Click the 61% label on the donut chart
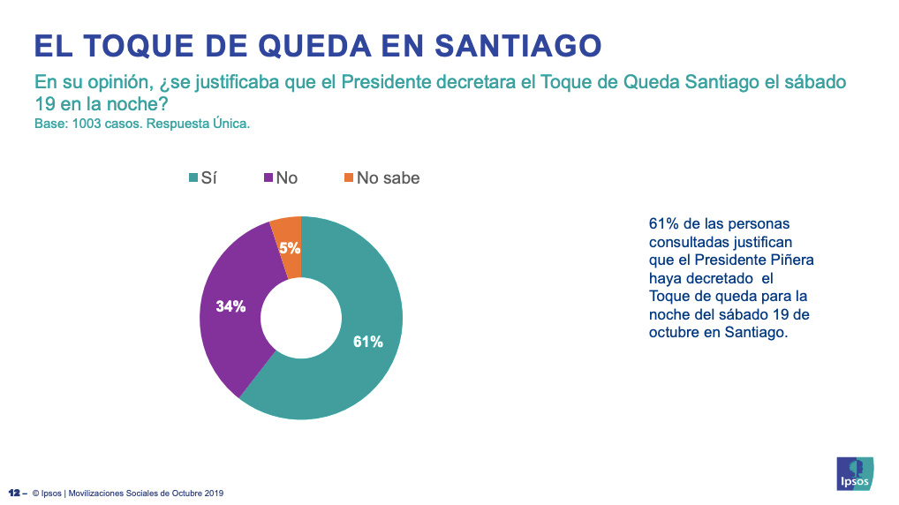pos(367,342)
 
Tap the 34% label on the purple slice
pos(230,306)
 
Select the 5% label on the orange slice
pos(290,248)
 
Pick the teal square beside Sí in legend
pos(193,177)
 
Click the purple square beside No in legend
pos(268,177)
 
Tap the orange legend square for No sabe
pos(349,177)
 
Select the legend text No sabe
pos(388,177)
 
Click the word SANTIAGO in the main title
pos(518,46)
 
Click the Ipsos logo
pos(855,473)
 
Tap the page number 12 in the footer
pos(14,493)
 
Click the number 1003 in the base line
pos(86,124)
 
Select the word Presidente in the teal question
pos(386,82)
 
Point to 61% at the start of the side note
pos(663,223)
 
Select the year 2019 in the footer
pos(215,493)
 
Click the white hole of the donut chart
pos(301,318)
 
